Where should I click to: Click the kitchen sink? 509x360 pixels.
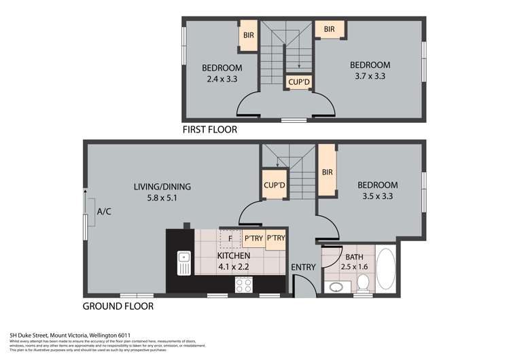tap(183, 263)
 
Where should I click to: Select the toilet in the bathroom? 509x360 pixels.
tap(363, 282)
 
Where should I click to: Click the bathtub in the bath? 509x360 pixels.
tap(386, 271)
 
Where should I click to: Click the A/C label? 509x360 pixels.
tap(104, 212)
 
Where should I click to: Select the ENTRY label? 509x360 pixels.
tap(303, 267)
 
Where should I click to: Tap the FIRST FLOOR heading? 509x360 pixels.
tap(209, 129)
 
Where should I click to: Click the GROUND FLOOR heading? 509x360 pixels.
tap(118, 306)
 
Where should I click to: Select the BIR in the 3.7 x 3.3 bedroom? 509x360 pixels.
tap(330, 29)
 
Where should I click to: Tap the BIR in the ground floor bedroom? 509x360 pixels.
tap(327, 172)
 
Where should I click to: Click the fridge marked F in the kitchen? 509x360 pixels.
tap(230, 238)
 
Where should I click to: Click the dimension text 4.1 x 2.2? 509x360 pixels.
tap(233, 267)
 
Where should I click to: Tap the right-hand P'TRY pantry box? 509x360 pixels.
tap(276, 238)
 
